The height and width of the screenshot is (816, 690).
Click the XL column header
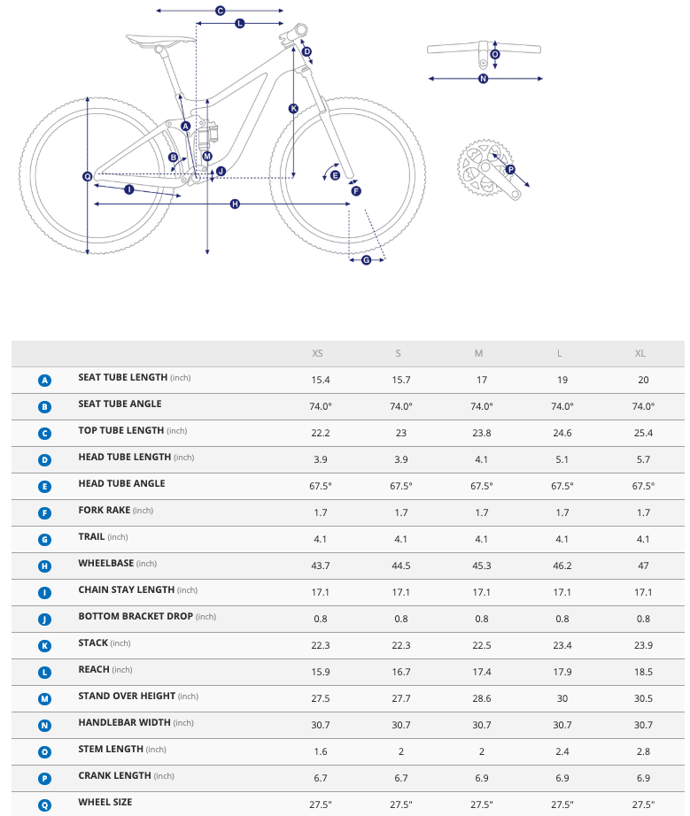coord(640,353)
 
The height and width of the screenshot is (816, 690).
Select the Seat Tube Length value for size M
coord(479,380)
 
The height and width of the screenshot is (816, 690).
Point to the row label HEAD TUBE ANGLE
coord(121,484)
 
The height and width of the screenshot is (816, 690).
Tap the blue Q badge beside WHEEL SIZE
coord(45,804)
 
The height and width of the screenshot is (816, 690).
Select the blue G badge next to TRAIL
coord(45,539)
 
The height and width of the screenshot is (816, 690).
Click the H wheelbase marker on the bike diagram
coord(235,204)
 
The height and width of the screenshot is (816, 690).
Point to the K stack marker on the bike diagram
coord(293,109)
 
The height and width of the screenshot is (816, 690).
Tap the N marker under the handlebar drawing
coord(483,79)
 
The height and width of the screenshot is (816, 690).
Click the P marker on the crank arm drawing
coord(510,170)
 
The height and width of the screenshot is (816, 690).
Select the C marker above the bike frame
coord(220,11)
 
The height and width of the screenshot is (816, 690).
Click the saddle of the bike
coord(160,39)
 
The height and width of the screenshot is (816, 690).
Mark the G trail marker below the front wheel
coord(367,259)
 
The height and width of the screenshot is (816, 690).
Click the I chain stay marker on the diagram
coord(129,189)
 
